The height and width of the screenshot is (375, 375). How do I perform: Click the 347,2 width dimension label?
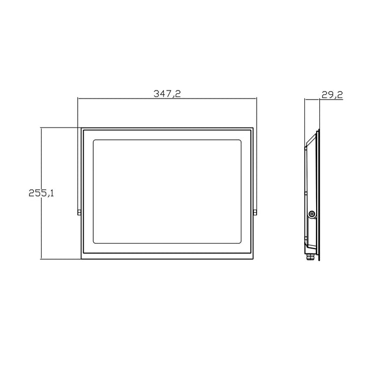coord(167,94)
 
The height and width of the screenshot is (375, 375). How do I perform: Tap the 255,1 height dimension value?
coord(41,193)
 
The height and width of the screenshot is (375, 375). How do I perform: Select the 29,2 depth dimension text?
coord(332,95)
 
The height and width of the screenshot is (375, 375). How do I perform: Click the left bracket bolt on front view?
coord(79,212)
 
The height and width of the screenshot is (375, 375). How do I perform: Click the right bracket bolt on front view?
coord(255,212)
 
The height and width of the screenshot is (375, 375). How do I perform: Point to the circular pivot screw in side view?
coord(312,214)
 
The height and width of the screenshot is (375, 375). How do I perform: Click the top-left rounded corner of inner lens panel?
coord(94,141)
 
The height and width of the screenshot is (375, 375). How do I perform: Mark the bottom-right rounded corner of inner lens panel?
coord(240,243)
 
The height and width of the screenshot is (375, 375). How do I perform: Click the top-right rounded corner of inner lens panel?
coord(240,141)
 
